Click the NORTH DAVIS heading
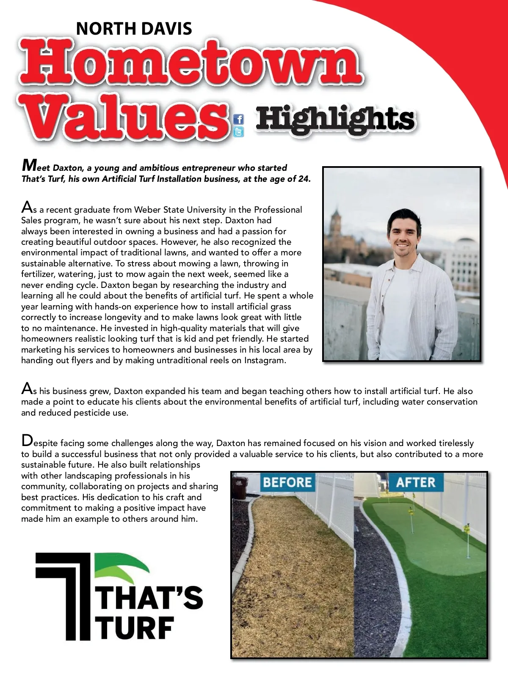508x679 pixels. [134, 29]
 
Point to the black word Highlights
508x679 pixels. [335, 119]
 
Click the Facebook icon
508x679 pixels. [239, 120]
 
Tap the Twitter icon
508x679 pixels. [239, 132]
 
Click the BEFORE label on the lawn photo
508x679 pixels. [287, 482]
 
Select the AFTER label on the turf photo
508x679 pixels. [415, 482]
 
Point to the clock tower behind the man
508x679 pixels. [336, 220]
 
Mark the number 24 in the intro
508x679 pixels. [304, 179]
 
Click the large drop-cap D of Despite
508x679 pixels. [27, 441]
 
